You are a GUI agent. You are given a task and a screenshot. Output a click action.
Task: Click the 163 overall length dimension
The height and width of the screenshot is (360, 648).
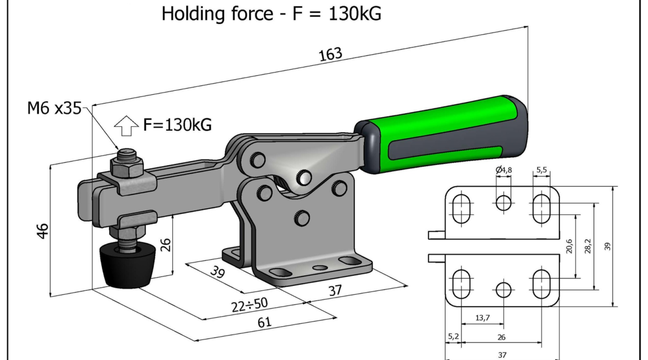(331, 54)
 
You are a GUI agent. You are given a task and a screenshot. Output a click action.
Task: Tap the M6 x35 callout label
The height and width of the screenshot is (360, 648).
(54, 109)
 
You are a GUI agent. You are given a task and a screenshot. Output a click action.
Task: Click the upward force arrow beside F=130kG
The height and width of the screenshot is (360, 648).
(126, 125)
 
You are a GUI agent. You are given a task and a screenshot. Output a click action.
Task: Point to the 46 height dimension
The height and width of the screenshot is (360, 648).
(43, 231)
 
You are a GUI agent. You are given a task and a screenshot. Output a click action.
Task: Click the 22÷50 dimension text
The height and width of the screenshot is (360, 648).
(250, 305)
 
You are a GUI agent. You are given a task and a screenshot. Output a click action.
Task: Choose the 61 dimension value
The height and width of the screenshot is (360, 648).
(264, 322)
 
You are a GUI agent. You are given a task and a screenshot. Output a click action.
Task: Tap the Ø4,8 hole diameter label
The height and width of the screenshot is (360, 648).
(504, 169)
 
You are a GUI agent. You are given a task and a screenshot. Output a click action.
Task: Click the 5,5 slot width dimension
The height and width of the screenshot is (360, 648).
(541, 169)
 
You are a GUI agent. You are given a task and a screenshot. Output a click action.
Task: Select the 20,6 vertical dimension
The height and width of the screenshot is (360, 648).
(569, 246)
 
